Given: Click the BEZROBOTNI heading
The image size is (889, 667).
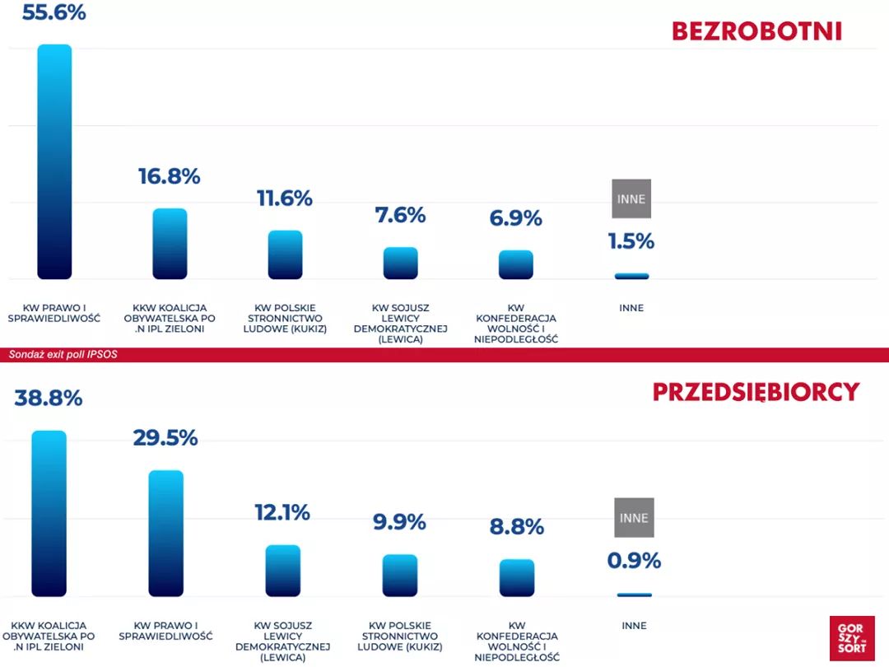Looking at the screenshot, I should tap(756, 31).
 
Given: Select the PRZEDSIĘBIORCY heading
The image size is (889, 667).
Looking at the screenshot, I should tap(756, 392).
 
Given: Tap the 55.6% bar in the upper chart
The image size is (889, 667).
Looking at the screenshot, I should tap(54, 161).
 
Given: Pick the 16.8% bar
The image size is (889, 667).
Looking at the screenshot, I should tap(170, 244).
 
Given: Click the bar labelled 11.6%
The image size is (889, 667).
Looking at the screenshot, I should tap(285, 254).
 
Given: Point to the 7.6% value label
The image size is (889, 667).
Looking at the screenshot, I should tap(400, 215).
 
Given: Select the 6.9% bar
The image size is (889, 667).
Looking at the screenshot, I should tap(515, 264).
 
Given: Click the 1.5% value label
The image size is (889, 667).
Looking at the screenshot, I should tap(631, 241).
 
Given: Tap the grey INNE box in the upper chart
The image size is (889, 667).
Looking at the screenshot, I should tap(631, 198).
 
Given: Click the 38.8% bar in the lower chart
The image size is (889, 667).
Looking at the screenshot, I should tap(49, 513).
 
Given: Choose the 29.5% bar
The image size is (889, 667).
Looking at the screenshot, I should tap(165, 533).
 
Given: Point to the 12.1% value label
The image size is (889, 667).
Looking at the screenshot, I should tap(282, 512).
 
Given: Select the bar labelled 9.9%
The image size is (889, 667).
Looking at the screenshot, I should tap(399, 575).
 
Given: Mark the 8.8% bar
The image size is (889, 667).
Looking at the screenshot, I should tap(516, 577).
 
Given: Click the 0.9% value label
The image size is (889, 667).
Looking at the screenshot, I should tap(634, 561).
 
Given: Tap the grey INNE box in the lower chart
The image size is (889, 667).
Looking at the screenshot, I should tap(634, 518).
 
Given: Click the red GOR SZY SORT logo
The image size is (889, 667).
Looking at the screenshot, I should tap(851, 638).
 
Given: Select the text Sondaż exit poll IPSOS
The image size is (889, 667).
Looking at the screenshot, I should tap(58, 355).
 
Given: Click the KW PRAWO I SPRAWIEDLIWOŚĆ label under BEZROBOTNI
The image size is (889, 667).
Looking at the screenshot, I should tap(54, 313).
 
